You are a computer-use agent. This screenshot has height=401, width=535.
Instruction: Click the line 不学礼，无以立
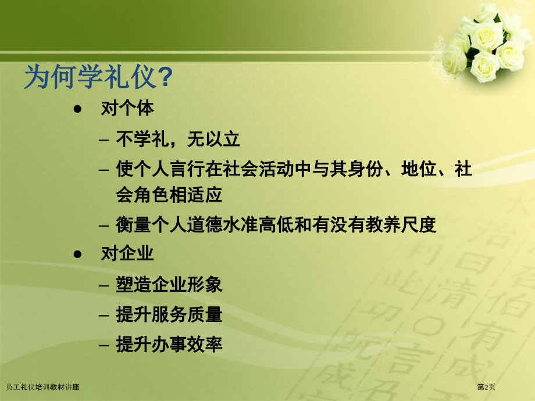click(x=178, y=139)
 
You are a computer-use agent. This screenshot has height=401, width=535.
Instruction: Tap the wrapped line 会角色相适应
click(x=169, y=194)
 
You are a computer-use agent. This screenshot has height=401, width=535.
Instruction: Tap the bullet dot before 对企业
click(x=77, y=255)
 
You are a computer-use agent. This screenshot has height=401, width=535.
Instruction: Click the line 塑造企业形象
click(x=169, y=285)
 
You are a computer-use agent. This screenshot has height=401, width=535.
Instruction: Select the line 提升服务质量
click(x=169, y=315)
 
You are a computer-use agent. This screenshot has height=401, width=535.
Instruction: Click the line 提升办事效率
click(x=169, y=345)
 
